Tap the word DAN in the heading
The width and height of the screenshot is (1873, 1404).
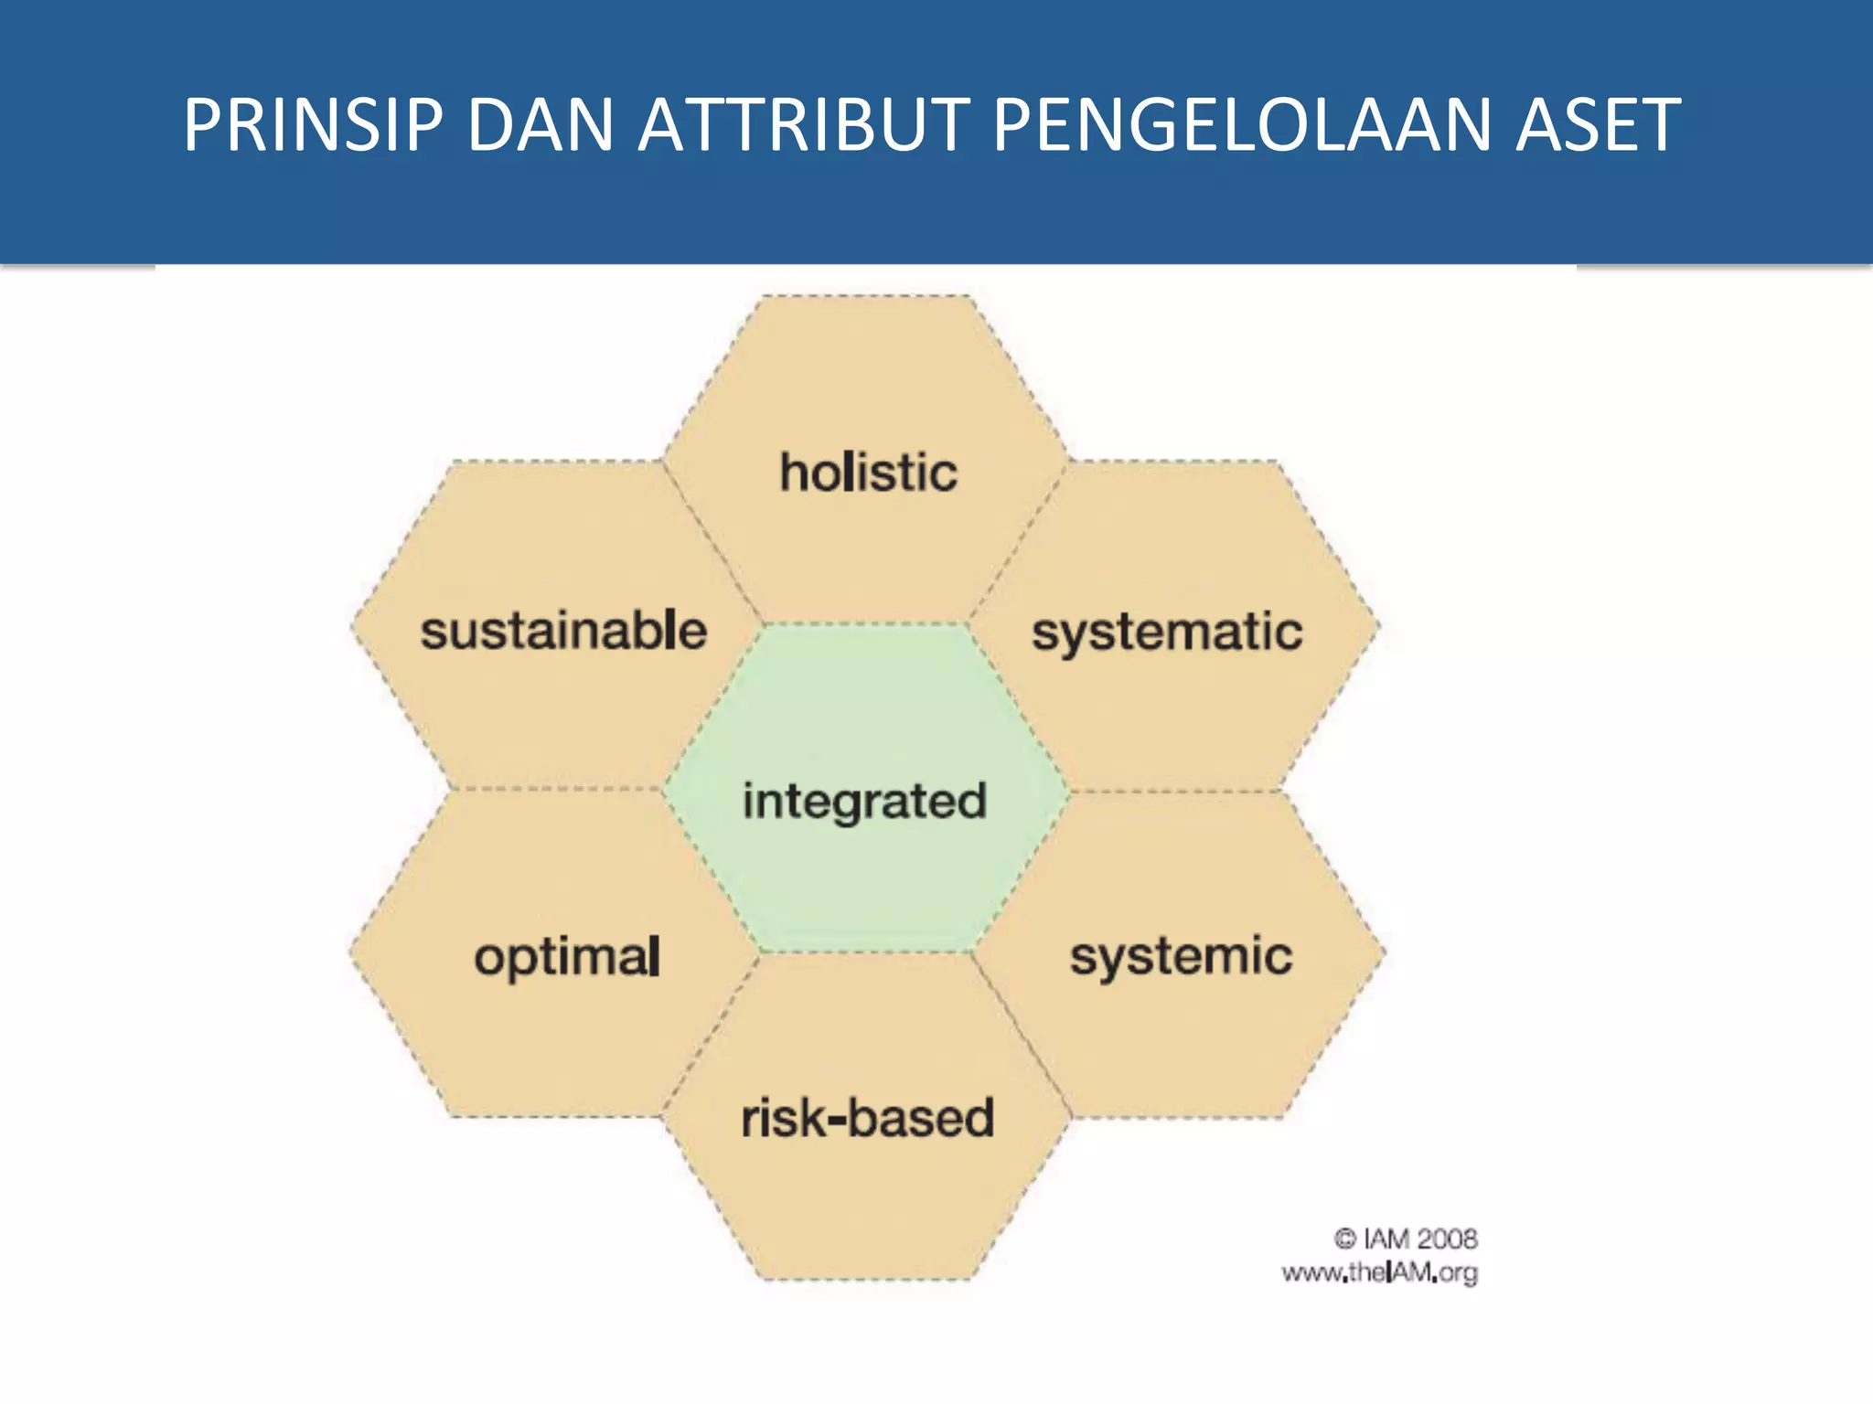point(540,125)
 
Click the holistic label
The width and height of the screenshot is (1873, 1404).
point(868,473)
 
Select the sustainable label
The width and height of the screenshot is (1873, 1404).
point(563,631)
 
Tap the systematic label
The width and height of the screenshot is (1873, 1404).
point(1167,633)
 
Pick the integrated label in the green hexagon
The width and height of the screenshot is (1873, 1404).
point(864,802)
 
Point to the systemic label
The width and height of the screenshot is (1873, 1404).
point(1181,957)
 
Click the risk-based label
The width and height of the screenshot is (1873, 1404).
point(867,1118)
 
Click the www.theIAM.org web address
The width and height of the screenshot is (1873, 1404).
point(1379,1272)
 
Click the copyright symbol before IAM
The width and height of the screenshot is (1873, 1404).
point(1344,1239)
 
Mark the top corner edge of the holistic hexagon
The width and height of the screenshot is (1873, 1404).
point(866,296)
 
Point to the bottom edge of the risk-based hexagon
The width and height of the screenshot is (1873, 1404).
point(866,1279)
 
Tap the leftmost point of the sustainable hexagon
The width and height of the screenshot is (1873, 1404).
point(352,627)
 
